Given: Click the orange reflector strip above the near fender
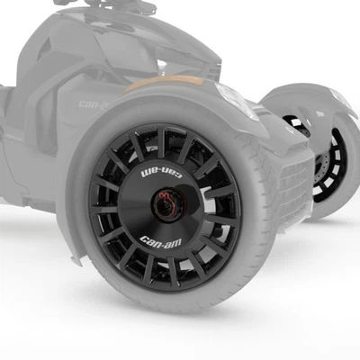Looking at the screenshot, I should pyautogui.click(x=158, y=87).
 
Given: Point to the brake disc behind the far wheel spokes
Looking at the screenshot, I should pyautogui.click(x=320, y=166).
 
